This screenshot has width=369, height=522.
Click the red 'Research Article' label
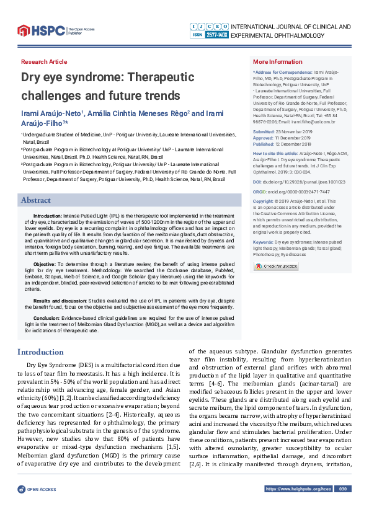44,62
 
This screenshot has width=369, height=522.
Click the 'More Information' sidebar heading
278,62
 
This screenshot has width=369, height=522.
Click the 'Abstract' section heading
36,200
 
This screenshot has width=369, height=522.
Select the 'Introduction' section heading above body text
40,352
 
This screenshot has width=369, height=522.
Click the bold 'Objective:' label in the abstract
44,264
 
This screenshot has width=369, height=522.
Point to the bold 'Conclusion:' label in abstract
47,317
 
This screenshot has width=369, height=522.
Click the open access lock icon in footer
22,507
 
